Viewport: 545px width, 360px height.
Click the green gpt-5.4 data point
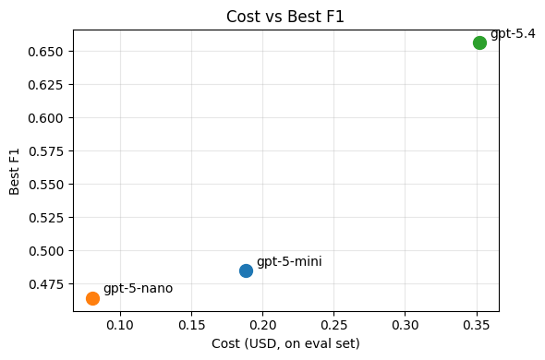click(x=479, y=42)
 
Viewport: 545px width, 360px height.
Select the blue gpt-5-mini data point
click(x=246, y=270)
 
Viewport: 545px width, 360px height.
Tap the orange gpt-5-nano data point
click(x=92, y=298)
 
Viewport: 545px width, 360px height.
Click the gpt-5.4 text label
click(x=513, y=33)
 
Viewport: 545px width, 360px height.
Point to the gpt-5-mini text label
click(x=289, y=261)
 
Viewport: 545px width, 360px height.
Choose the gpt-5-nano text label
click(x=138, y=288)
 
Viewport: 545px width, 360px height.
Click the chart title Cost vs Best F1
click(x=285, y=16)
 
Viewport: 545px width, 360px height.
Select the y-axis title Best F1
click(x=15, y=171)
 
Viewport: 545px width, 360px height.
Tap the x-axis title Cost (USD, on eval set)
click(x=285, y=343)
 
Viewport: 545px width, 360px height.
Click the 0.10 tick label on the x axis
click(x=120, y=325)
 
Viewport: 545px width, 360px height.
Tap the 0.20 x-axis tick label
click(x=262, y=325)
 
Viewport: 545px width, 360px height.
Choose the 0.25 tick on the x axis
click(x=333, y=325)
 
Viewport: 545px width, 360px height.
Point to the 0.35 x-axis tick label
click(x=476, y=325)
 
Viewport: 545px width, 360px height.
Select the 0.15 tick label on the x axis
click(x=191, y=325)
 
